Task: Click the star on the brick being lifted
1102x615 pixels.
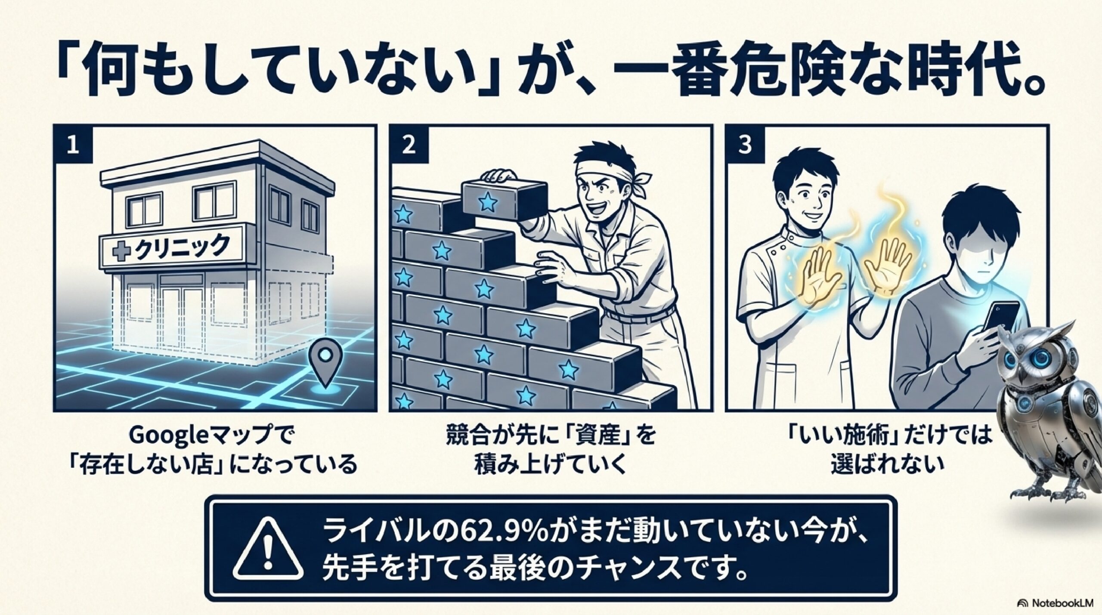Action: click(487, 201)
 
